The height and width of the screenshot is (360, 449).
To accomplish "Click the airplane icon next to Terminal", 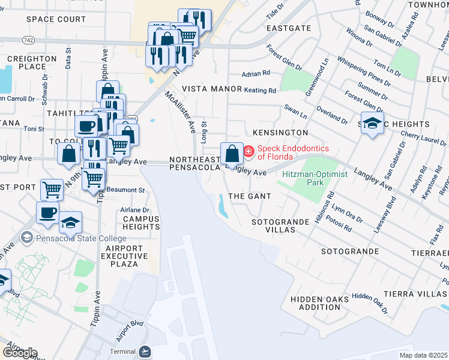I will point(145,351).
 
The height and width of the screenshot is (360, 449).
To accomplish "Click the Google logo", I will point(20,353).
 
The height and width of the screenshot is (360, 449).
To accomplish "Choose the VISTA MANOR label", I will point(212,88).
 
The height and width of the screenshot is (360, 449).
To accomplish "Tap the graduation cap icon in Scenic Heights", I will point(372,123).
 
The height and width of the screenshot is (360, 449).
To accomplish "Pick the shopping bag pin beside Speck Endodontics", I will point(232,154).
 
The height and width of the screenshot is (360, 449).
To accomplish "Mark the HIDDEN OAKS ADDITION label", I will point(316,303).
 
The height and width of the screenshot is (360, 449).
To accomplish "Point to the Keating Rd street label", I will point(260,91).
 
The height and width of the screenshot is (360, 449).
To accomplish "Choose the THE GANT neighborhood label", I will point(250,196).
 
